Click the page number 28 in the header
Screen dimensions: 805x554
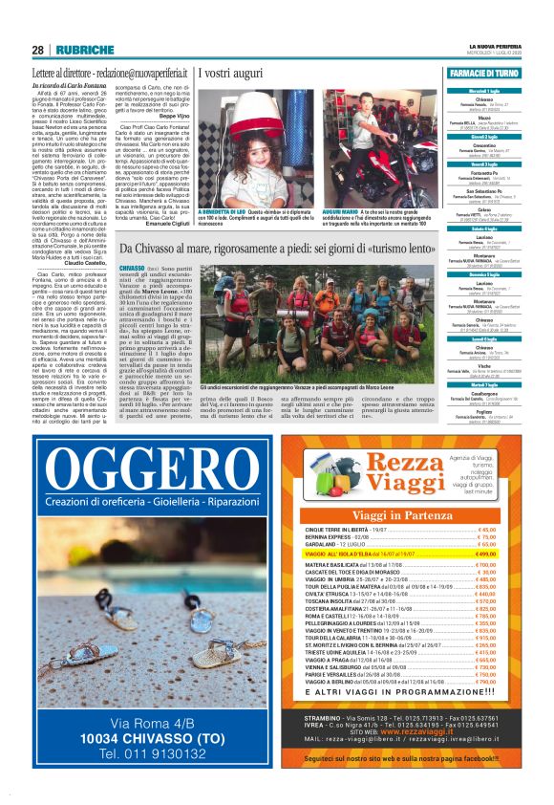[38, 50]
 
